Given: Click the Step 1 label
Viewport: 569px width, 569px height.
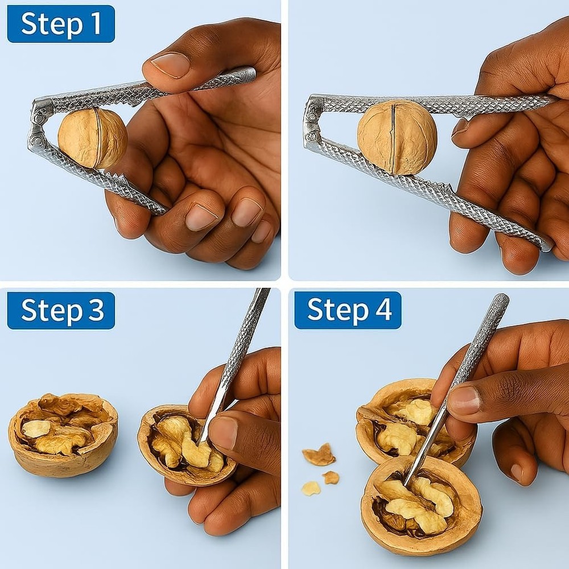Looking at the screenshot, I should point(61,24).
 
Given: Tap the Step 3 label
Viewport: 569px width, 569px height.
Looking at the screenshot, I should point(61,311).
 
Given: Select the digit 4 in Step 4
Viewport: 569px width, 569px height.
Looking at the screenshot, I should point(381,311).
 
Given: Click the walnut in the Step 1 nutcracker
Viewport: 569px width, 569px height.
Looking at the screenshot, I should point(92,138).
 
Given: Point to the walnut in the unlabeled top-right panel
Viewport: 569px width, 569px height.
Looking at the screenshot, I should point(397,137).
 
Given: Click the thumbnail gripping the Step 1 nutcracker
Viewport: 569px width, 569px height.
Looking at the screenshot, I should point(170,64).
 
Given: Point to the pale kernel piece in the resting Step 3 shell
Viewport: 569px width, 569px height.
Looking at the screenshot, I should point(36,428).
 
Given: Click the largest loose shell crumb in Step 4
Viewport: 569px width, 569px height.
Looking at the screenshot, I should point(319,455).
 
